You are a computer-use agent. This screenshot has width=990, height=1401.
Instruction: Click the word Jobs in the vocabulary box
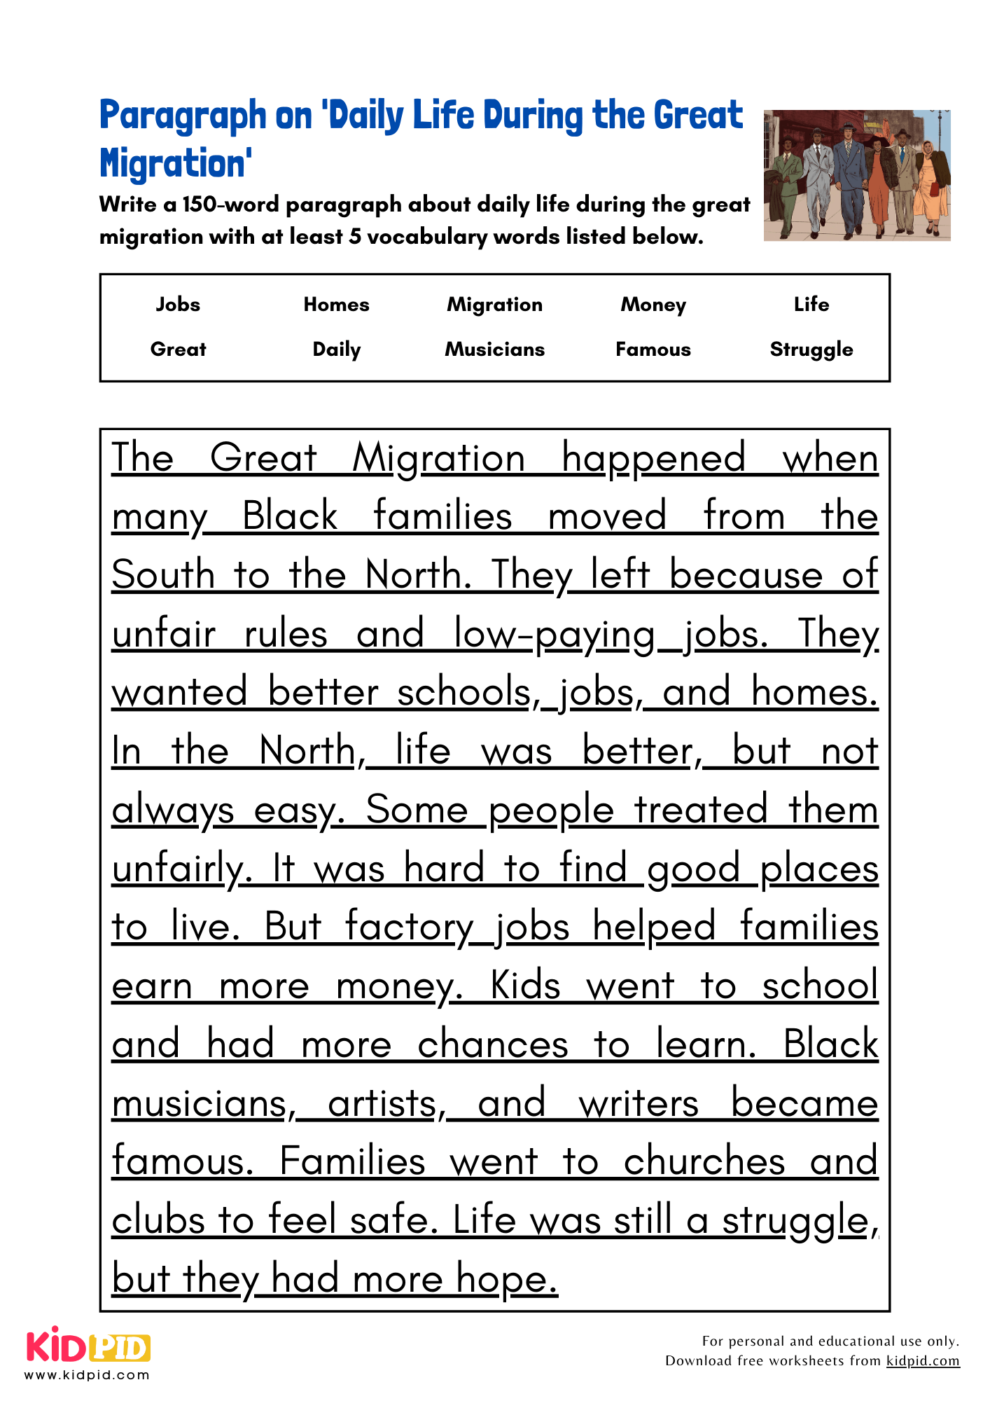(x=178, y=305)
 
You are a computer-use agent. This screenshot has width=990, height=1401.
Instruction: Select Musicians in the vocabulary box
(x=495, y=350)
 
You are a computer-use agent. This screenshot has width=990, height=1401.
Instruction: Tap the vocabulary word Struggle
(x=811, y=350)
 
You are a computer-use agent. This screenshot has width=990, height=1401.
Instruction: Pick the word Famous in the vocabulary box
(x=653, y=350)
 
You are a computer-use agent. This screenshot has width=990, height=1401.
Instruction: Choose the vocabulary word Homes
(x=336, y=305)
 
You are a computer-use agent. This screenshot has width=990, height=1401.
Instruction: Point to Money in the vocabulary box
(x=653, y=305)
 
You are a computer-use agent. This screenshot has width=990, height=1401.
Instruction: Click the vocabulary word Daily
(x=337, y=350)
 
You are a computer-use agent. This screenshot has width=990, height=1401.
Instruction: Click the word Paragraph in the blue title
(x=183, y=116)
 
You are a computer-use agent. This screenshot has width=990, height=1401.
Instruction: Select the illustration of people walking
(x=856, y=175)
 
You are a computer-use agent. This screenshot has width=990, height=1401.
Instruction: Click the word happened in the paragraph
(x=653, y=460)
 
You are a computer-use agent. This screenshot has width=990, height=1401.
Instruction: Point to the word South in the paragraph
(x=163, y=576)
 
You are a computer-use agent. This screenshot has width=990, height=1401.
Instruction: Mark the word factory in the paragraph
(x=410, y=927)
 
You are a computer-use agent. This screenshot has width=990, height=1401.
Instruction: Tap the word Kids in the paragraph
(x=525, y=986)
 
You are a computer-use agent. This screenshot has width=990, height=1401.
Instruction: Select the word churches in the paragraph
(x=704, y=1162)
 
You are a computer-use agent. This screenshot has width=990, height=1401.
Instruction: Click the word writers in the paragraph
(x=639, y=1104)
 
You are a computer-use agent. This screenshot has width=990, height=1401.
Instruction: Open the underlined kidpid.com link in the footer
(x=923, y=1361)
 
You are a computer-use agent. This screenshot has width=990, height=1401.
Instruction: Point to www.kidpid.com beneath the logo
(x=88, y=1375)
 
